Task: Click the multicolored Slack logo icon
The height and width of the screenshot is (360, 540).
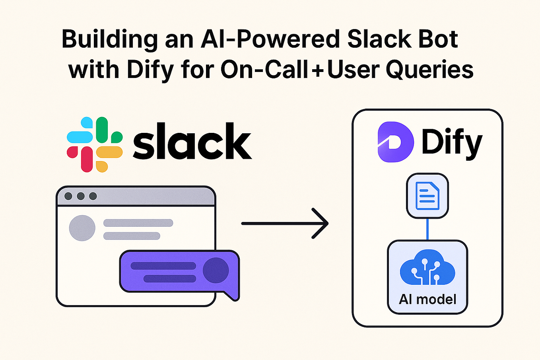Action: pyautogui.click(x=95, y=144)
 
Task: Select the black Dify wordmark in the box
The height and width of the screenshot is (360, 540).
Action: pyautogui.click(x=451, y=143)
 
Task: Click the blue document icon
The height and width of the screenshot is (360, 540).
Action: pyautogui.click(x=427, y=196)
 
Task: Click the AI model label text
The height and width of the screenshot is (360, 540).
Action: pyautogui.click(x=427, y=299)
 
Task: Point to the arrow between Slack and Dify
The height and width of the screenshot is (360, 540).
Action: pyautogui.click(x=285, y=224)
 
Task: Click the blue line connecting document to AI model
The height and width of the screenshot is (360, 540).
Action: pyautogui.click(x=427, y=229)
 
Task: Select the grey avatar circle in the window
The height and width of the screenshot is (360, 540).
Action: pyautogui.click(x=82, y=228)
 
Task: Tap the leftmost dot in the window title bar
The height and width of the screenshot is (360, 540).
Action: pyautogui.click(x=68, y=196)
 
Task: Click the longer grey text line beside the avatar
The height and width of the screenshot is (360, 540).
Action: pyautogui.click(x=138, y=223)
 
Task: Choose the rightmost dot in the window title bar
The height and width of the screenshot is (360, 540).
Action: pyautogui.click(x=93, y=196)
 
